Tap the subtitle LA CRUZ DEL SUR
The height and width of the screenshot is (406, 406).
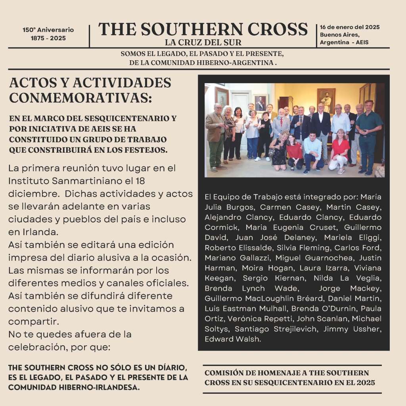tap(203, 42)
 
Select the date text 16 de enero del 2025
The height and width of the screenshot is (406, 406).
tap(350, 27)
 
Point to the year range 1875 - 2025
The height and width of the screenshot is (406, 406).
tap(48, 38)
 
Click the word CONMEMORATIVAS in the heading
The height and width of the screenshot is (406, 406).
tap(80, 97)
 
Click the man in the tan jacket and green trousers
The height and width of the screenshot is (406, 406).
tap(216, 137)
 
